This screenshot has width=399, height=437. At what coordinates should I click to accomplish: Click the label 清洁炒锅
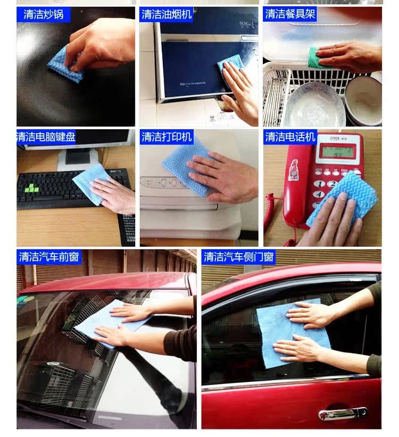(43, 14)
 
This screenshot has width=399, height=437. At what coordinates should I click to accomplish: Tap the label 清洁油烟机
(167, 14)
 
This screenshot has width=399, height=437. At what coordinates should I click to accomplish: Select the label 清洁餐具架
(290, 14)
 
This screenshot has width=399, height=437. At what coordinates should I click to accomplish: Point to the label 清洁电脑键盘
(46, 137)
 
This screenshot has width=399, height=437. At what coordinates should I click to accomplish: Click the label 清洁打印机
(167, 137)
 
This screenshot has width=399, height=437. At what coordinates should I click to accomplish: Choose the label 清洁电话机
(290, 137)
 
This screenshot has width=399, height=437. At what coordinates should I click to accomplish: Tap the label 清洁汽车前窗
(49, 256)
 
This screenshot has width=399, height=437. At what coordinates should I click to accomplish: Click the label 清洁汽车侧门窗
(238, 256)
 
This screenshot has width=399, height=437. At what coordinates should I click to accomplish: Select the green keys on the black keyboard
(31, 189)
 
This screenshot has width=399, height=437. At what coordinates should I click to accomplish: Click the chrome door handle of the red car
(343, 413)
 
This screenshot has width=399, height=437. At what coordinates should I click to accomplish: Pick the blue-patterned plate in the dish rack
(314, 105)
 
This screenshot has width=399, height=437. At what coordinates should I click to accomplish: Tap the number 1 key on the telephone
(320, 183)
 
